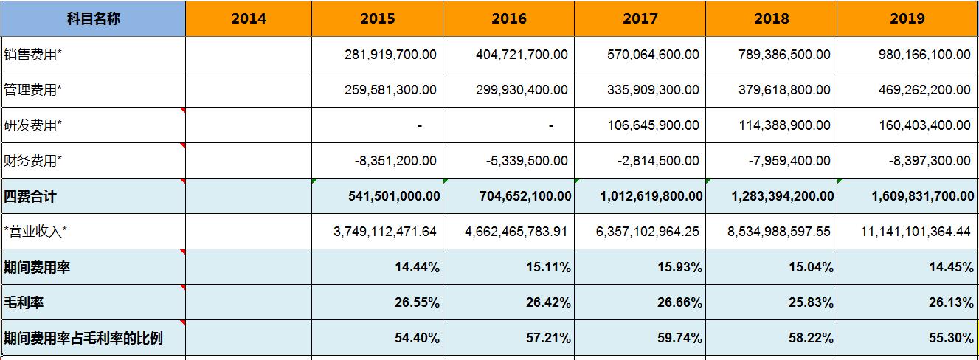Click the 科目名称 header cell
(93, 18)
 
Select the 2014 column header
(249, 18)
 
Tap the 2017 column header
(640, 18)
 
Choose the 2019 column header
(907, 18)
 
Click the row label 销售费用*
(33, 55)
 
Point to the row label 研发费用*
(33, 125)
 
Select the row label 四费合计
(30, 196)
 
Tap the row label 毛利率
(24, 302)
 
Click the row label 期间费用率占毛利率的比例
(83, 338)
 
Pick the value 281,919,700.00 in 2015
(390, 55)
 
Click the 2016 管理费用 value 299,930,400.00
(522, 90)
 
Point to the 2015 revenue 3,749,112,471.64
(384, 232)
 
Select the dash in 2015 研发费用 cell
(419, 126)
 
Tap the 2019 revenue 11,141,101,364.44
(915, 232)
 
